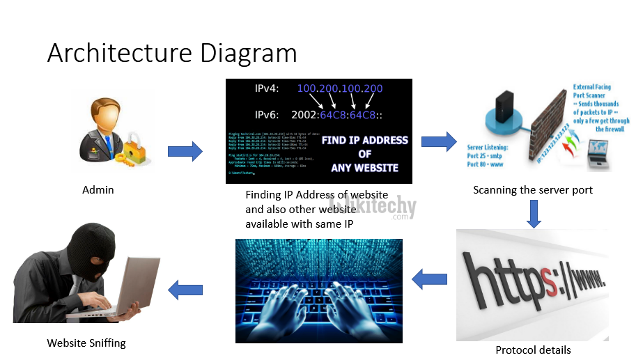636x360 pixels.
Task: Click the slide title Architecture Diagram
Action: pyautogui.click(x=171, y=54)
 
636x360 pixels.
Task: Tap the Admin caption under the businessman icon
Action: pyautogui.click(x=98, y=189)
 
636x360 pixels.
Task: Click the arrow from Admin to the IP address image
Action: pyautogui.click(x=185, y=150)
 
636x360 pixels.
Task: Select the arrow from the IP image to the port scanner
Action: pyautogui.click(x=439, y=141)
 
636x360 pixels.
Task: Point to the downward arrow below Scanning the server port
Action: pyautogui.click(x=534, y=214)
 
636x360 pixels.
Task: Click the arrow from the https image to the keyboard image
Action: pyautogui.click(x=429, y=280)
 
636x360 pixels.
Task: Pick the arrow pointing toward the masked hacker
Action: pyautogui.click(x=185, y=289)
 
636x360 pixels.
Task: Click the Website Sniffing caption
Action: pyautogui.click(x=86, y=343)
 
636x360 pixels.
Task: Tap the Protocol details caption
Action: pyautogui.click(x=533, y=350)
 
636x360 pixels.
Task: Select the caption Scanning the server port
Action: pyautogui.click(x=533, y=189)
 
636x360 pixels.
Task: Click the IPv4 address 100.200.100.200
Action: pyautogui.click(x=340, y=89)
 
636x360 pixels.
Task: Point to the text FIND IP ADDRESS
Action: pyautogui.click(x=364, y=140)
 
